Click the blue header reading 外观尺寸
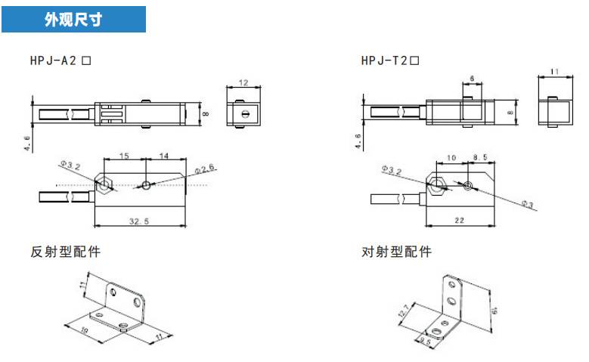coord(73,19)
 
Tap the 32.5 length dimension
coord(139,221)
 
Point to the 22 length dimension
coord(460,221)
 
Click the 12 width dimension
coord(243,82)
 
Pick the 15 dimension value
coord(124,156)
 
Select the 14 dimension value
coord(164,156)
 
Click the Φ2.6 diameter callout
coord(205,169)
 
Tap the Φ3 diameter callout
coord(528,204)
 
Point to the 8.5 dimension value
coord(480,157)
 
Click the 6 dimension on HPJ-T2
coord(472,79)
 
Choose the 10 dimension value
coord(451,158)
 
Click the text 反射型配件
coord(65,252)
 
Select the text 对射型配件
coord(396,252)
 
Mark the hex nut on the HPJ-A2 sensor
coord(104,184)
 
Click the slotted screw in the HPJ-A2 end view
coord(246,114)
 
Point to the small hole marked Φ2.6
coord(146,184)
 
